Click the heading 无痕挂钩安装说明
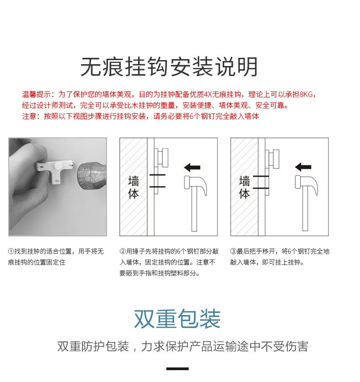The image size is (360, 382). [x=169, y=67]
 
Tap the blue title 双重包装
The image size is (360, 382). [x=177, y=319]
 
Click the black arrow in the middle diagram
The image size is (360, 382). [x=192, y=168]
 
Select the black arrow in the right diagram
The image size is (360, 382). [x=303, y=167]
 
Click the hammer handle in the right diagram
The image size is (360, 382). [x=305, y=209]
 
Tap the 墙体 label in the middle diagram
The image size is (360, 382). [x=134, y=187]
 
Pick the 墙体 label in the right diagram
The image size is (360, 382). [x=244, y=187]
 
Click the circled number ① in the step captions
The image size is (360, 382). [x=11, y=251]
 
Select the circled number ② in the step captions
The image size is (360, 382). [x=123, y=251]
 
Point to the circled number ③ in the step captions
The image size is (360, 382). [x=233, y=251]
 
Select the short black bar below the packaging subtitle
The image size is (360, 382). [x=177, y=369]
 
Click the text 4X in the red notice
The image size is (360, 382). [x=208, y=94]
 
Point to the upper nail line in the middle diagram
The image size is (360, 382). [x=157, y=175]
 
